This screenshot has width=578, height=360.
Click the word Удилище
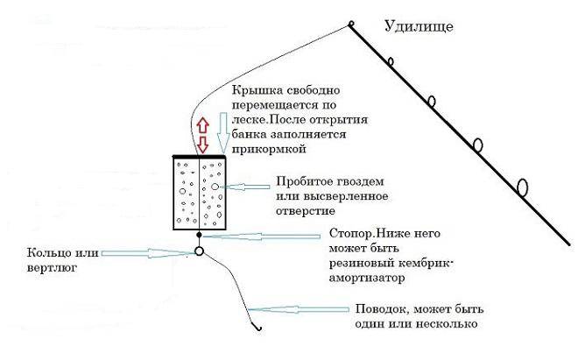[x=419, y=26]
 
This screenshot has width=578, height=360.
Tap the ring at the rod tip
[x=351, y=25]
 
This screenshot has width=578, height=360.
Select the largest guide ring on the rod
[x=522, y=187]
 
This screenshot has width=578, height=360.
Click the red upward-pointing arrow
[x=202, y=125]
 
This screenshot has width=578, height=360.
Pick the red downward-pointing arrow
[x=202, y=145]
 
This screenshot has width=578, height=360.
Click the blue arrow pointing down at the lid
[x=222, y=133]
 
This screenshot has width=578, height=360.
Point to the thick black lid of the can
[x=200, y=157]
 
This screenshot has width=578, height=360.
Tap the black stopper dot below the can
[x=199, y=234]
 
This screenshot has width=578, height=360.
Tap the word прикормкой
[x=269, y=149]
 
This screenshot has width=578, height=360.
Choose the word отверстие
[x=306, y=211]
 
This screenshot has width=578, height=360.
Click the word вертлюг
[x=52, y=268]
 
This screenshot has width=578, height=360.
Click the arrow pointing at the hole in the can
[x=245, y=187]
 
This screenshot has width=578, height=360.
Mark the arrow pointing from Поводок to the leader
[x=299, y=309]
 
